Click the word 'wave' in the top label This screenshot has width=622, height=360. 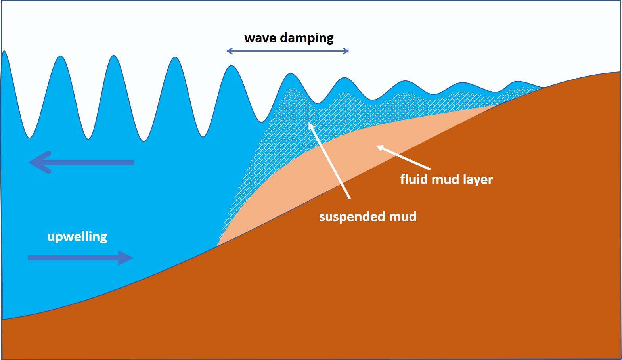click(x=260, y=38)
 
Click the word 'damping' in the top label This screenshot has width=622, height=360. click(x=307, y=38)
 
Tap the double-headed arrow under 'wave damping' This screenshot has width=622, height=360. click(x=287, y=51)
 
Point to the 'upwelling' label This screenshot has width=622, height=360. click(x=77, y=237)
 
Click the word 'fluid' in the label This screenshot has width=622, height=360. click(x=414, y=179)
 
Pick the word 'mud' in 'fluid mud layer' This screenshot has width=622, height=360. click(x=446, y=179)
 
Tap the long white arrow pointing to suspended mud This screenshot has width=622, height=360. click(x=329, y=160)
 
